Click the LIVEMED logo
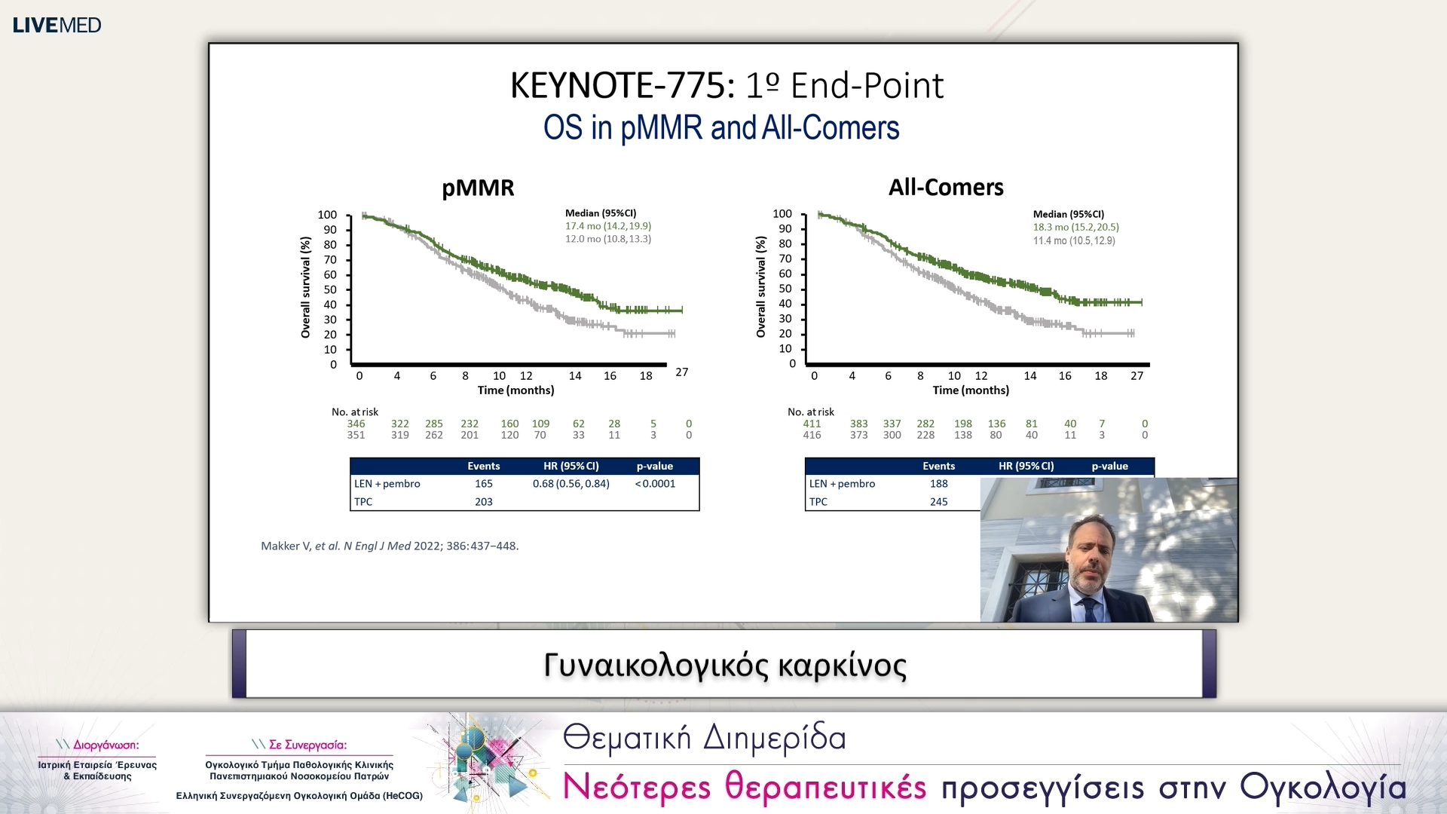tap(57, 25)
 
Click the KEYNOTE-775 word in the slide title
tap(623, 85)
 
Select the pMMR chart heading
tap(478, 188)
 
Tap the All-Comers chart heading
tap(946, 187)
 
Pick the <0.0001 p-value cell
tap(655, 484)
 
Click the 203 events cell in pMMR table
tap(484, 502)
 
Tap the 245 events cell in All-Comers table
tap(939, 502)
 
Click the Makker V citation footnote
tap(390, 546)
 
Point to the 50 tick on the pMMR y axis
tap(330, 289)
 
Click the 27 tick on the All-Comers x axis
tap(1137, 375)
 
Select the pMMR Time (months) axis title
tap(515, 390)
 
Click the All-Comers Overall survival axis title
tap(761, 286)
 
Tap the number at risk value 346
tap(356, 424)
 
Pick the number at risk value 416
tap(812, 435)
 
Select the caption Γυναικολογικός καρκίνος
tap(725, 666)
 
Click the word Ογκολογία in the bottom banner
tap(1323, 788)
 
